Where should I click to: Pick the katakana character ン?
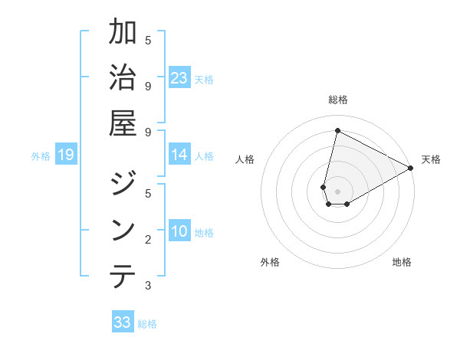click(123, 230)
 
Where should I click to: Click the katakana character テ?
click(123, 275)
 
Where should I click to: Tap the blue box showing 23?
click(179, 78)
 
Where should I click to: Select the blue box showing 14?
click(179, 155)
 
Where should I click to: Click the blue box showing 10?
click(179, 232)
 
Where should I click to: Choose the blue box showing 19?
click(65, 155)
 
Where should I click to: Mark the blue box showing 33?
click(123, 322)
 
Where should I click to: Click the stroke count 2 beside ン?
click(148, 240)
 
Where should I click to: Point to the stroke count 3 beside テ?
click(148, 286)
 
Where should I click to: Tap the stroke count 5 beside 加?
click(148, 40)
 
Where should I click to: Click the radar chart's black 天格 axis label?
click(431, 159)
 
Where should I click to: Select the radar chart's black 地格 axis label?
click(402, 262)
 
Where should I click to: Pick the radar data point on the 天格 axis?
click(411, 168)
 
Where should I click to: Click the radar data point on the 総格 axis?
click(337, 130)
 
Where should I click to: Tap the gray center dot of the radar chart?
click(337, 191)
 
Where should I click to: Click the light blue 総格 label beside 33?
click(147, 324)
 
